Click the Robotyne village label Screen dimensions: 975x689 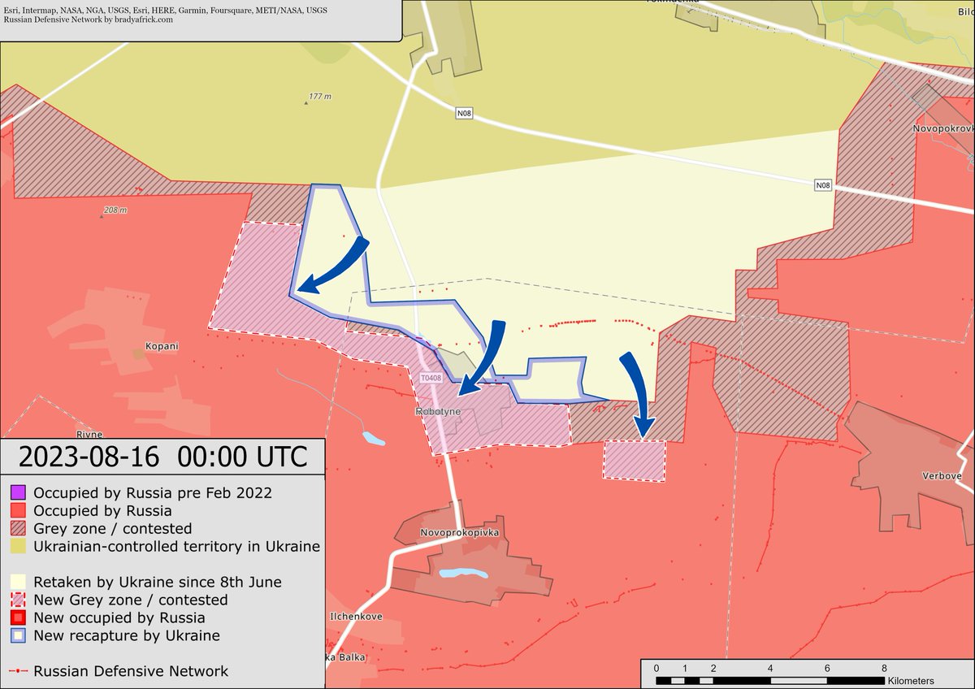pyautogui.click(x=438, y=412)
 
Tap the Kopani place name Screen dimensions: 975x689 pyautogui.click(x=162, y=346)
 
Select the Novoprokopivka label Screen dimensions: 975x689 pyautogui.click(x=458, y=533)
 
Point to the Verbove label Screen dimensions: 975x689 pyautogui.click(x=942, y=475)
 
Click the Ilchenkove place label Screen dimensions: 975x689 pyautogui.click(x=355, y=617)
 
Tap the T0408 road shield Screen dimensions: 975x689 pyautogui.click(x=431, y=379)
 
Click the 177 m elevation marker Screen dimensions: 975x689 pyautogui.click(x=319, y=97)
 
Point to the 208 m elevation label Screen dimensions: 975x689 pyautogui.click(x=115, y=210)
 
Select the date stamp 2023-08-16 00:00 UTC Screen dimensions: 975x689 pyautogui.click(x=162, y=457)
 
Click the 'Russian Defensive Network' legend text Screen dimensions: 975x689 pyautogui.click(x=131, y=671)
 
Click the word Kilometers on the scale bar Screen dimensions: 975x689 pyautogui.click(x=911, y=681)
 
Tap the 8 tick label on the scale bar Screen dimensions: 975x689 pyautogui.click(x=884, y=668)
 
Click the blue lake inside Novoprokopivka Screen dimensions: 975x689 pyautogui.click(x=463, y=574)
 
